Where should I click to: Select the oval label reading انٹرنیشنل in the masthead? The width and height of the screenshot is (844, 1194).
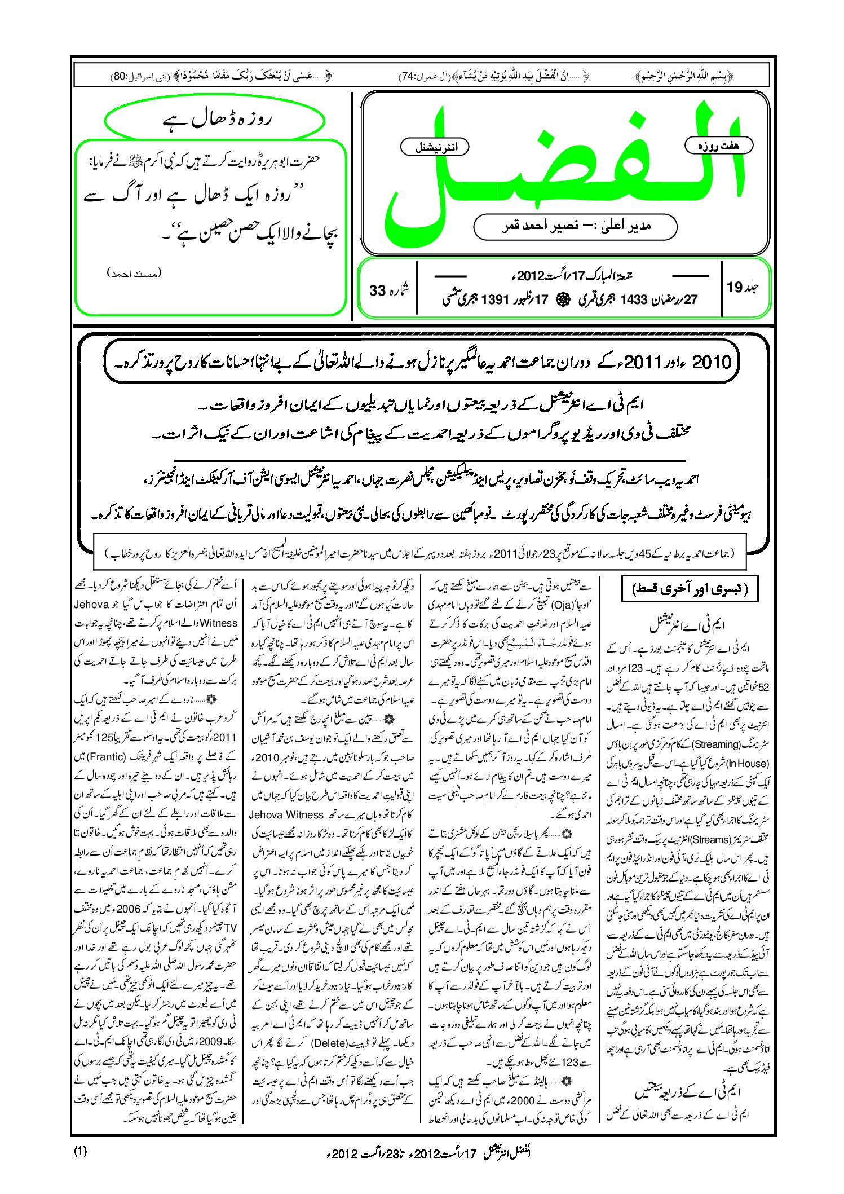pyautogui.click(x=435, y=147)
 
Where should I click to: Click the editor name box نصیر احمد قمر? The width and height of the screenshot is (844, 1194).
pyautogui.click(x=575, y=227)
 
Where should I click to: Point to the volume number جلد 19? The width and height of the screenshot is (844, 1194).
pyautogui.click(x=743, y=288)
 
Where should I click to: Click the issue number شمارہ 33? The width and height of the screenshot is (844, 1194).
pyautogui.click(x=388, y=290)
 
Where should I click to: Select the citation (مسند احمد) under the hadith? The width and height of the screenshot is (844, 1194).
pyautogui.click(x=134, y=274)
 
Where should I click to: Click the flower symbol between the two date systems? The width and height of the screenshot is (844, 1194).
pyautogui.click(x=562, y=300)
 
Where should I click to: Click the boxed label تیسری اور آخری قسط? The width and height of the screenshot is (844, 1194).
pyautogui.click(x=688, y=590)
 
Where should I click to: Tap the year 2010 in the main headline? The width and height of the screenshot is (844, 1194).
pyautogui.click(x=712, y=362)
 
